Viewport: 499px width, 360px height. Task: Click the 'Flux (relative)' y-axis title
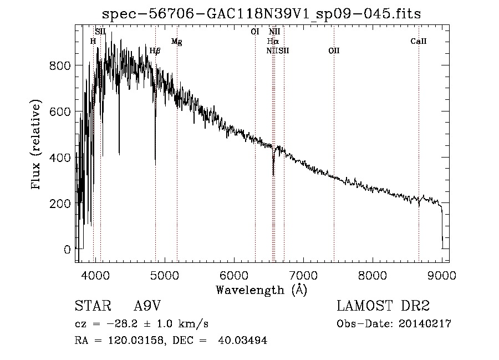(x=37, y=145)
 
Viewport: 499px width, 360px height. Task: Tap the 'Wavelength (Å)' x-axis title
(x=261, y=290)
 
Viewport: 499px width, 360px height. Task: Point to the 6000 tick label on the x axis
(x=233, y=275)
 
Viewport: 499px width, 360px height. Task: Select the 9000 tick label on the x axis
(x=441, y=275)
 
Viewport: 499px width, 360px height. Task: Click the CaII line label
(x=419, y=41)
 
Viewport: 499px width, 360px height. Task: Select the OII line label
(x=334, y=51)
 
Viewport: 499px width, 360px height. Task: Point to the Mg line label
(x=176, y=41)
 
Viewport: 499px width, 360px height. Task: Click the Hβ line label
(x=155, y=51)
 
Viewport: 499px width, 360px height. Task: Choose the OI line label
(x=255, y=32)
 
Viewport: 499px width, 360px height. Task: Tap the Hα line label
(x=273, y=41)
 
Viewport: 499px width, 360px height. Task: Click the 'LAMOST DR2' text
(x=383, y=307)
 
